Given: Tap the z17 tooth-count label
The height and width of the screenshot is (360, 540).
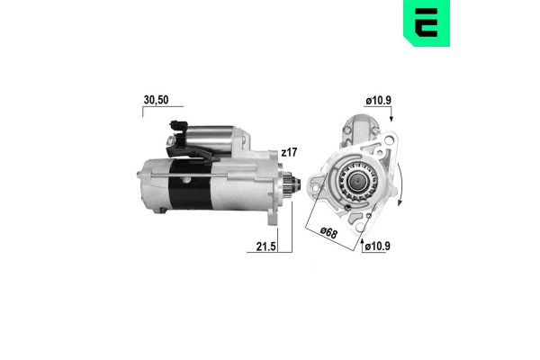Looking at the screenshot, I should tap(288, 154).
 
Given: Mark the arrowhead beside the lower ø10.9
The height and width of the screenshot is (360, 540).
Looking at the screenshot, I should tap(362, 243).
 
